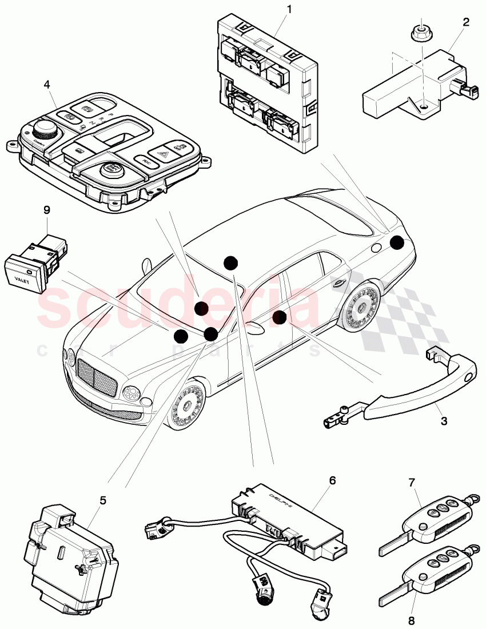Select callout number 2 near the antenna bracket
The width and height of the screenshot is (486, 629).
[x=466, y=22]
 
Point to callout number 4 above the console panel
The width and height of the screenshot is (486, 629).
[x=46, y=85]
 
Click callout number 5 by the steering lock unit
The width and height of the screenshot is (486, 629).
[x=103, y=500]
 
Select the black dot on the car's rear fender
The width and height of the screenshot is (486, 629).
[x=396, y=243]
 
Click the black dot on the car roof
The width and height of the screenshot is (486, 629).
[x=230, y=262]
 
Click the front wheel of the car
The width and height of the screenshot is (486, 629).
[x=188, y=408]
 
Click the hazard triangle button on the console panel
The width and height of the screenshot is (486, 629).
[x=161, y=153]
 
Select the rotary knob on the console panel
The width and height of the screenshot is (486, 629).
[x=43, y=127]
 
